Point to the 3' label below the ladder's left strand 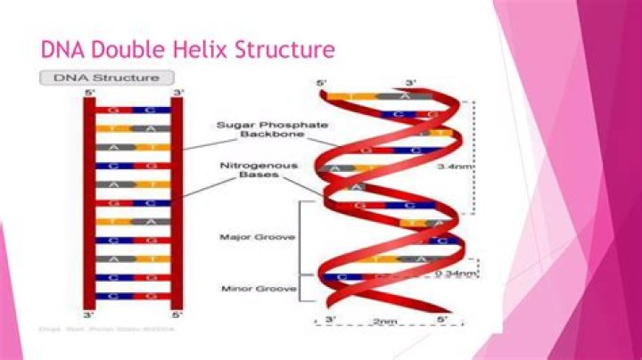[88, 314]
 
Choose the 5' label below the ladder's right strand [177, 314]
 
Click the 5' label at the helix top [322, 84]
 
